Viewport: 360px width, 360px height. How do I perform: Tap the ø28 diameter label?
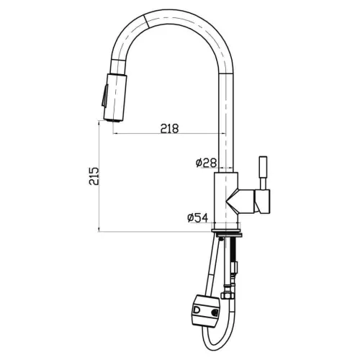(x=205, y=163)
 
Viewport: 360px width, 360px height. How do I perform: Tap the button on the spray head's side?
(x=104, y=94)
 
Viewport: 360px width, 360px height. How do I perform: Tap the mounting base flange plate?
(x=230, y=233)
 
